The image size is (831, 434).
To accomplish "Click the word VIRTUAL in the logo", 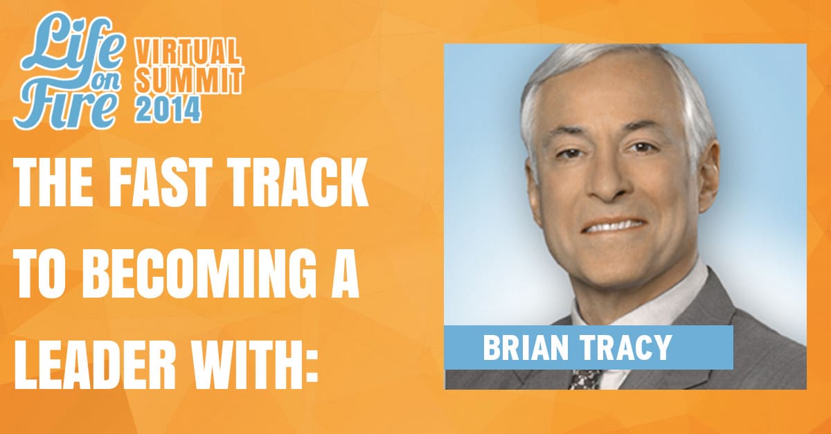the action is pos(188,54).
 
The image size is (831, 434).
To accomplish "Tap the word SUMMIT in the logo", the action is pos(189,80).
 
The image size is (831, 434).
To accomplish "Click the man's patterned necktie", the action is pos(585,379).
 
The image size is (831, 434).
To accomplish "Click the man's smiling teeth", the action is pos(614,226).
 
